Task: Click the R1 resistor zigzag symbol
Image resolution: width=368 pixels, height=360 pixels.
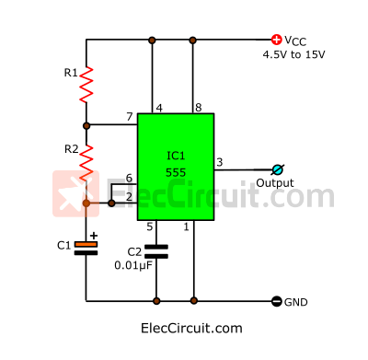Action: coord(86,84)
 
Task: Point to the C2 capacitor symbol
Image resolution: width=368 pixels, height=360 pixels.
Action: coord(157,250)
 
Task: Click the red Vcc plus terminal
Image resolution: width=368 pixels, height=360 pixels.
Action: coord(276,40)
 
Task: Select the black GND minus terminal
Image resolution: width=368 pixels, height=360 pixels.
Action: coord(276,301)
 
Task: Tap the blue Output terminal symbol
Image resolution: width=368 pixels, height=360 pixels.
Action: coord(277,169)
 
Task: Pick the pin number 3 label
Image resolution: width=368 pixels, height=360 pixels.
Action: coord(219,162)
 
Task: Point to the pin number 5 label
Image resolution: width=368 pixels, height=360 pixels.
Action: coord(150,226)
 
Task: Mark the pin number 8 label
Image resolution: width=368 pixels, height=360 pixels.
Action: coord(198,108)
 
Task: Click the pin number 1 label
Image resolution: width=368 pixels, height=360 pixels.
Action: coord(187,226)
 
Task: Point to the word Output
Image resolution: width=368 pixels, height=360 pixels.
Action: coord(274,183)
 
